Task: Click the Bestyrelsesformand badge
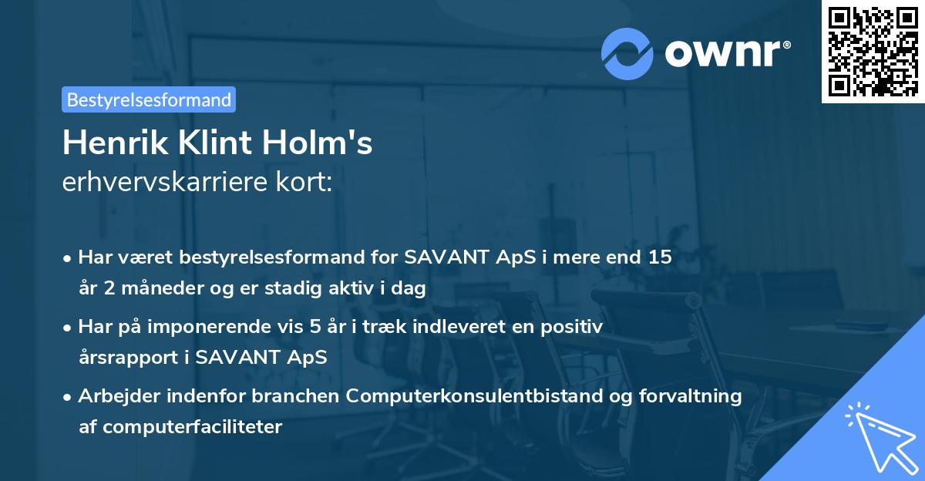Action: (149, 99)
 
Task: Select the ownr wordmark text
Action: (728, 54)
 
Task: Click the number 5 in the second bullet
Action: (315, 327)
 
